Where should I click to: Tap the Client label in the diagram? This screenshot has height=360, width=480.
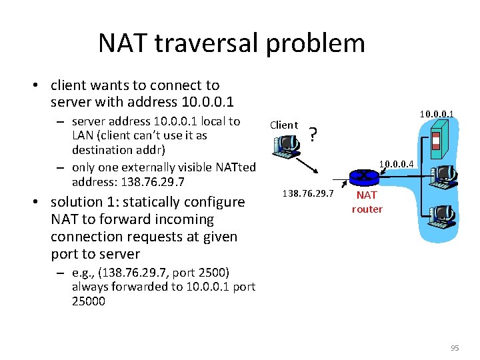point(283,125)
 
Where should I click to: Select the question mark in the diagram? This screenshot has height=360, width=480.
point(314,136)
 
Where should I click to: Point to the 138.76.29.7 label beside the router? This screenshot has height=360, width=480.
point(308,193)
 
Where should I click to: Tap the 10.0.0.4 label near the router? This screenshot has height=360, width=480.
point(397,163)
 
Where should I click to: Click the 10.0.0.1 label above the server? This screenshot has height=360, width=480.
point(437,114)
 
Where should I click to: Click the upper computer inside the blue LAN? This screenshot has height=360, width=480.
point(443,176)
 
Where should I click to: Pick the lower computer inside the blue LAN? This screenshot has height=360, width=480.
point(443,215)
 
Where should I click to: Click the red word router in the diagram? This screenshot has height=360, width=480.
point(367,209)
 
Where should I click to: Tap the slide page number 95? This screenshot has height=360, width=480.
point(455,347)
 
